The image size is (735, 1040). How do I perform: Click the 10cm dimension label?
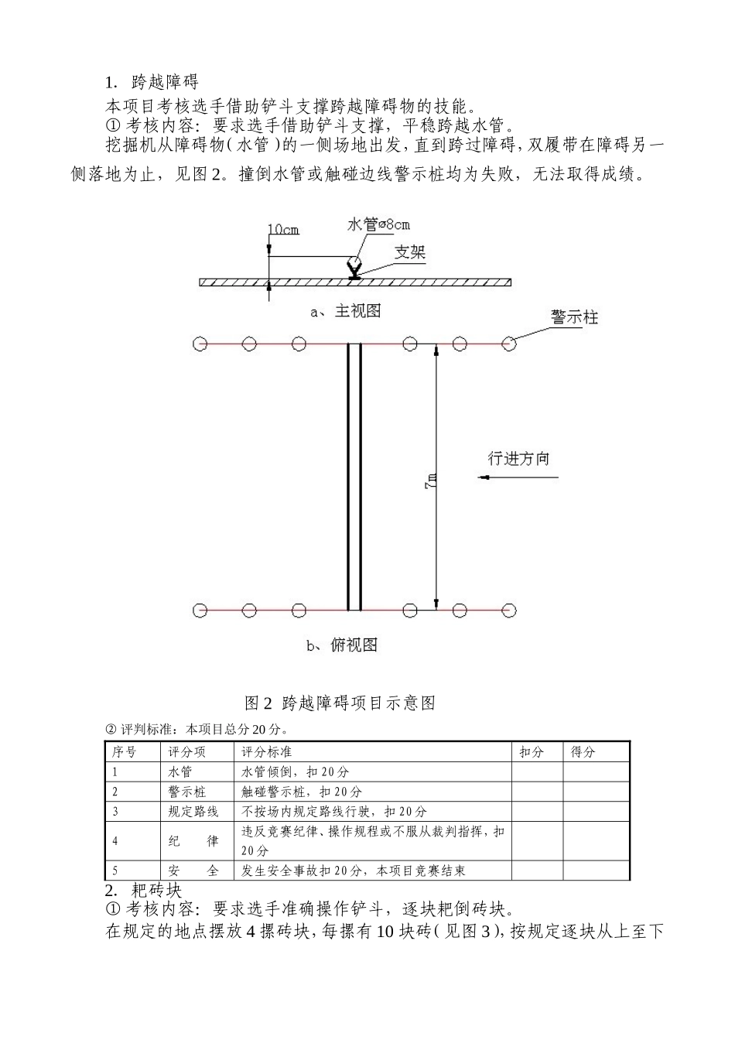point(283,230)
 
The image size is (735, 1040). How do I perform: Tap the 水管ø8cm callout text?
point(378,225)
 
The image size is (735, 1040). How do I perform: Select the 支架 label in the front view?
point(410,252)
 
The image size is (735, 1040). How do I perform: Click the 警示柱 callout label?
point(574,317)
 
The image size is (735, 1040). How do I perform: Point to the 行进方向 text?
point(518,458)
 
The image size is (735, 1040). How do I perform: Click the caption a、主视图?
point(345,311)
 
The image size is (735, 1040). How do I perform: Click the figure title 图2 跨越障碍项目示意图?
point(340,703)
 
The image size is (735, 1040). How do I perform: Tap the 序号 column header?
point(125,752)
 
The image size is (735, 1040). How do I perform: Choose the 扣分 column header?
point(532,752)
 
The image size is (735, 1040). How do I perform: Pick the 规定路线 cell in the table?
point(193,812)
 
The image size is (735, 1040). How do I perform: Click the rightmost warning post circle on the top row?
point(509,344)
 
